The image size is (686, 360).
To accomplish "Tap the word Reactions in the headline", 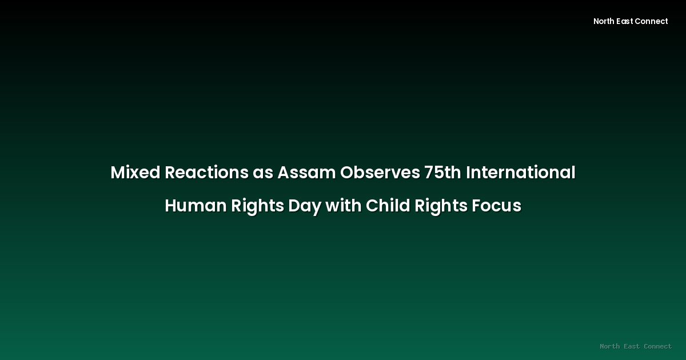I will [206, 173].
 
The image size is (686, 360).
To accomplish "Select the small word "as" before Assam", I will [262, 173].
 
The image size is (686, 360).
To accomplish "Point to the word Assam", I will [306, 173].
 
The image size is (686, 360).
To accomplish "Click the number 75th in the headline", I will [442, 173].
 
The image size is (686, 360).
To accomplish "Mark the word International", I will [521, 173].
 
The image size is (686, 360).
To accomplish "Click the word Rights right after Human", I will [257, 206].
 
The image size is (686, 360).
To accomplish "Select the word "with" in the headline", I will [344, 206].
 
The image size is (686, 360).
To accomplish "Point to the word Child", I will [386, 206].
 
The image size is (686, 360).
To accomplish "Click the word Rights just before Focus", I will [439, 206].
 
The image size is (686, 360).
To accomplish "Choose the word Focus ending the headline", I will [497, 206].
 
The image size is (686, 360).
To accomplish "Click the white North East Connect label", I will [631, 21].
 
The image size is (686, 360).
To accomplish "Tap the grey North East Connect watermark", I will [636, 346].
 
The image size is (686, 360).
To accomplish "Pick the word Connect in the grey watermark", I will [657, 346].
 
